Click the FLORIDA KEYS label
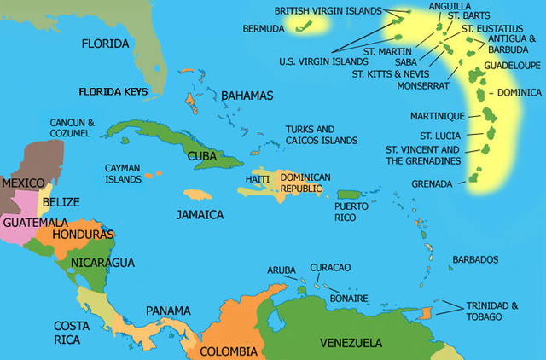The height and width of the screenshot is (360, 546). (113, 91)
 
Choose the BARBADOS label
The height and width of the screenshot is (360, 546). (475, 259)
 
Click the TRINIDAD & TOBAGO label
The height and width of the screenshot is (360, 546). (491, 311)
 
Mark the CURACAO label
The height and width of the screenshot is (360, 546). (330, 267)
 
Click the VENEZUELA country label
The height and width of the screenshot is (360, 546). (351, 343)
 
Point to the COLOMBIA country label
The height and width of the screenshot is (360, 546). (228, 351)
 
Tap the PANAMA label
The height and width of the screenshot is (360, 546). (168, 310)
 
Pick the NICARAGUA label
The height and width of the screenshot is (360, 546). (101, 261)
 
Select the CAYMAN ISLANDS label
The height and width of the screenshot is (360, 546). (123, 174)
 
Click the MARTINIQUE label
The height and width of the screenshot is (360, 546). (437, 116)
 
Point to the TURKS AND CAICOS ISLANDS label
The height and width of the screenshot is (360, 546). (322, 134)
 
